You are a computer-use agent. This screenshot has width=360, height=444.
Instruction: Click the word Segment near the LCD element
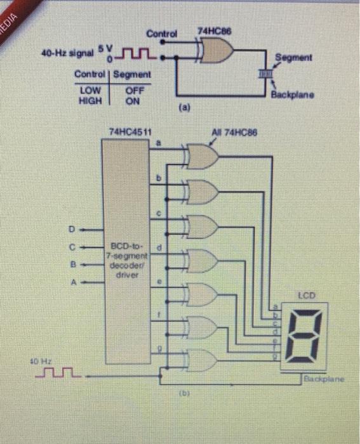tap(293, 58)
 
